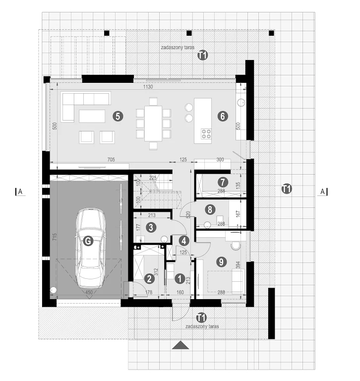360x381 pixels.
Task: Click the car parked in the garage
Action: click(91, 248)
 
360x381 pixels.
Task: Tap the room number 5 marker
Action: click(118, 117)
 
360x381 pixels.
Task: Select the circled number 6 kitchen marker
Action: click(223, 117)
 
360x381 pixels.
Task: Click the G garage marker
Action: click(88, 241)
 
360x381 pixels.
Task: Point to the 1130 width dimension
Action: click(148, 87)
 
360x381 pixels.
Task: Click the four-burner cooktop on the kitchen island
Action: click(206, 134)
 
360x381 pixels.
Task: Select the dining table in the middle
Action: click(153, 123)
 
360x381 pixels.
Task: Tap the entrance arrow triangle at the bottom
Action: click(180, 345)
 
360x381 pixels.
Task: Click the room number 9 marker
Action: click(221, 262)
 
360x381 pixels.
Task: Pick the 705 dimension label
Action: click(111, 159)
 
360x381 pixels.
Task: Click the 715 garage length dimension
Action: click(55, 237)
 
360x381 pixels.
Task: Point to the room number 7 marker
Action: click(223, 182)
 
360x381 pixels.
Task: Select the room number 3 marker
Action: click(151, 227)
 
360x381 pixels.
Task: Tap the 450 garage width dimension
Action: click(89, 292)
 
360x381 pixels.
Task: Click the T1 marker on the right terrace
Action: click(287, 189)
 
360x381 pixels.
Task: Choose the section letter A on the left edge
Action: click(20, 191)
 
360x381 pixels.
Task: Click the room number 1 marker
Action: click(180, 279)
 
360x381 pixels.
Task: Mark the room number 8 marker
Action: click(210, 209)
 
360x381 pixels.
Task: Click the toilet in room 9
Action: click(236, 246)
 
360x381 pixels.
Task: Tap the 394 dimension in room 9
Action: click(238, 265)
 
